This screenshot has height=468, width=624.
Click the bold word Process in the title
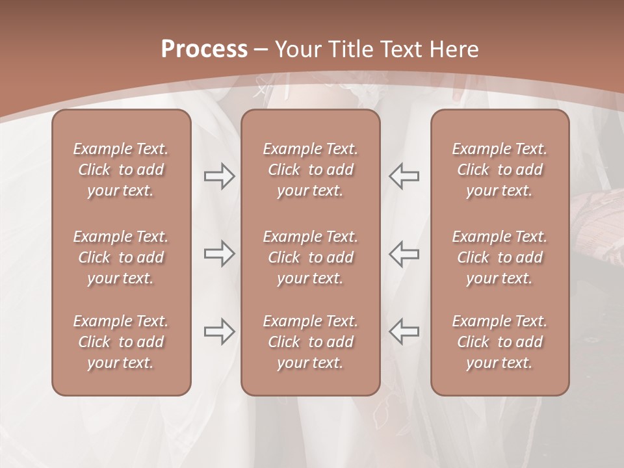click(204, 49)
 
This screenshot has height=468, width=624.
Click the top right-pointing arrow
click(220, 176)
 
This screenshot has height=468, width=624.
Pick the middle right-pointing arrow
click(220, 253)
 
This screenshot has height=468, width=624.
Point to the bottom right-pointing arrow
click(220, 331)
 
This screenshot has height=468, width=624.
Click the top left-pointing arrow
click(404, 176)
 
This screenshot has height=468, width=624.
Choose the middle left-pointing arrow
click(404, 253)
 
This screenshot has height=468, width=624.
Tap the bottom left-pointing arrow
click(404, 331)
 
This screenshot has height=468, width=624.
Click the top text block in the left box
click(121, 170)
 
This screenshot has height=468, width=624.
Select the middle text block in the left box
click(121, 257)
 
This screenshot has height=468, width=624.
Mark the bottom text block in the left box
click(121, 342)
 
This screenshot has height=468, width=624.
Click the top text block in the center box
click(310, 170)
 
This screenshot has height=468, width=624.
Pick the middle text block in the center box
click(310, 257)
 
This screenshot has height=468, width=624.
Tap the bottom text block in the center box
click(310, 342)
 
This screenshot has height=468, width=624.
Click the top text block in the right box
click(499, 170)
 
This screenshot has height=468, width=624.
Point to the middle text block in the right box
click(499, 257)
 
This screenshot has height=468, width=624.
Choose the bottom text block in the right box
click(499, 342)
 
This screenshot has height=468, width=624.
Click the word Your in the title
click(296, 49)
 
